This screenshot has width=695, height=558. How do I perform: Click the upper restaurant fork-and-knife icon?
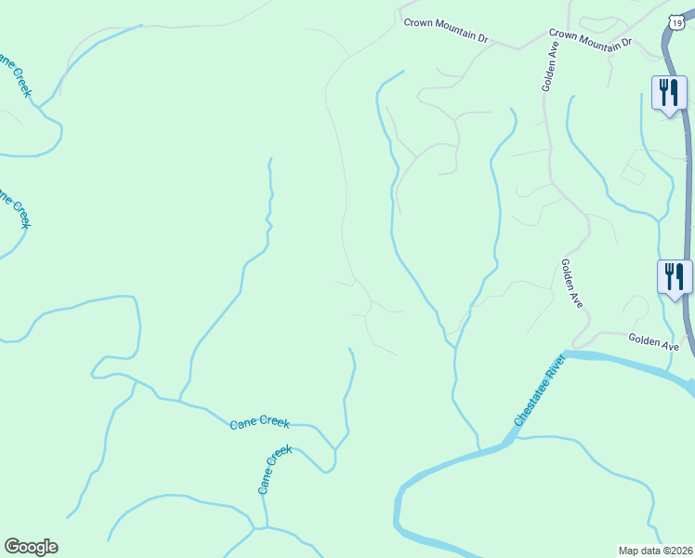(x=669, y=92)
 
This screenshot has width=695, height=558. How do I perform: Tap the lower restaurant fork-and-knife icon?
(x=675, y=276)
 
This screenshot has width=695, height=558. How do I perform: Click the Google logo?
(x=31, y=547)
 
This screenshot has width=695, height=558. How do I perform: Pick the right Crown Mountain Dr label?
(x=590, y=38)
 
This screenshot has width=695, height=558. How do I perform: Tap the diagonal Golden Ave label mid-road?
(x=571, y=284)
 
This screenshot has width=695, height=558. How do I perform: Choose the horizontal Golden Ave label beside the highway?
(x=653, y=342)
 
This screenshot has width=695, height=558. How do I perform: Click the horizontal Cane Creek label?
(x=259, y=424)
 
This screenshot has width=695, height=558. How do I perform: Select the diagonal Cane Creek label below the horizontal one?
(x=274, y=468)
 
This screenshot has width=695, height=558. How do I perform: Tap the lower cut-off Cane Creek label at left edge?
(x=13, y=208)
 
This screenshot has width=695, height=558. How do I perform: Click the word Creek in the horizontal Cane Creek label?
(x=273, y=424)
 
